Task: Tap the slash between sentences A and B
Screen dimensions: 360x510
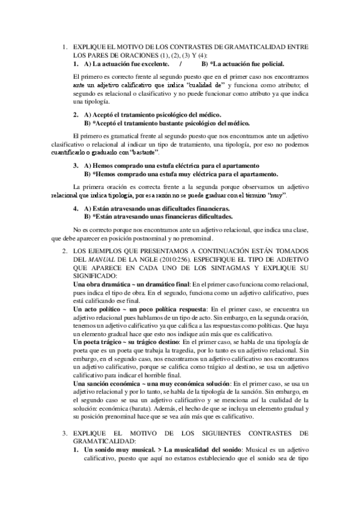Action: coord(180,63)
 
